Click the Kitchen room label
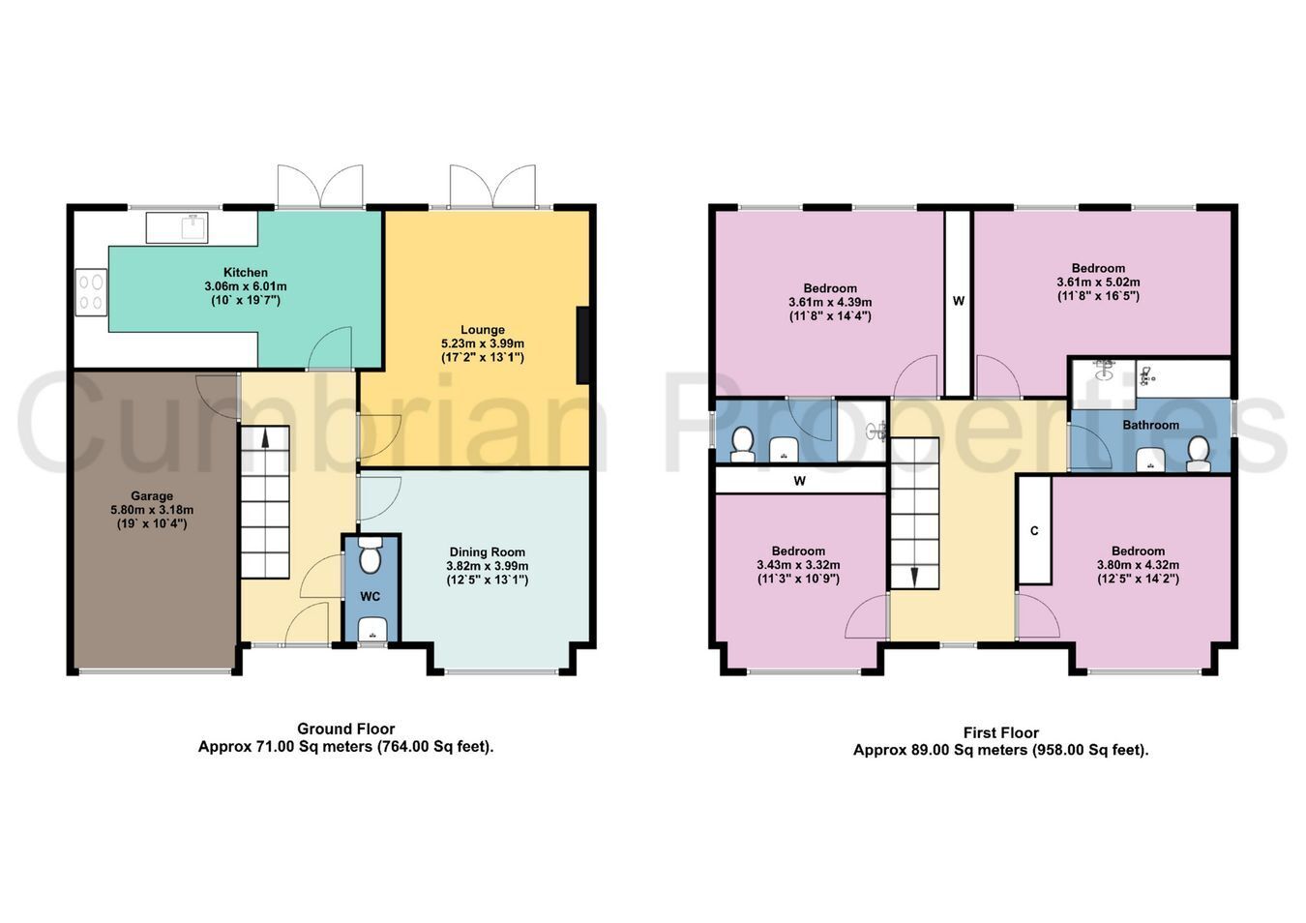pos(246,272)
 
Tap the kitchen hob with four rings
pos(91,292)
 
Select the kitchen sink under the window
pos(177,227)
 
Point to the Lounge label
pos(482,329)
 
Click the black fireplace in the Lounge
pos(582,344)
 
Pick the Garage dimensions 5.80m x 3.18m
pos(152,510)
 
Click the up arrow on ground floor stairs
pos(265,436)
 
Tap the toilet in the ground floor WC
pos(369,556)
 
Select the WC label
pos(371,597)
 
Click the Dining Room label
pos(487,551)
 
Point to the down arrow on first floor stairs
pos(913,577)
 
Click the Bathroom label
pos(1151,425)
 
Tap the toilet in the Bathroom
pos(1199,454)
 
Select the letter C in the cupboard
pos(1034,531)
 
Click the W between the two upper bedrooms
pos(958,301)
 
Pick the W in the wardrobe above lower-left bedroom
pos(799,481)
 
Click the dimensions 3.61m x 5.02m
pos(1098,283)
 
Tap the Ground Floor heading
pos(345,729)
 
